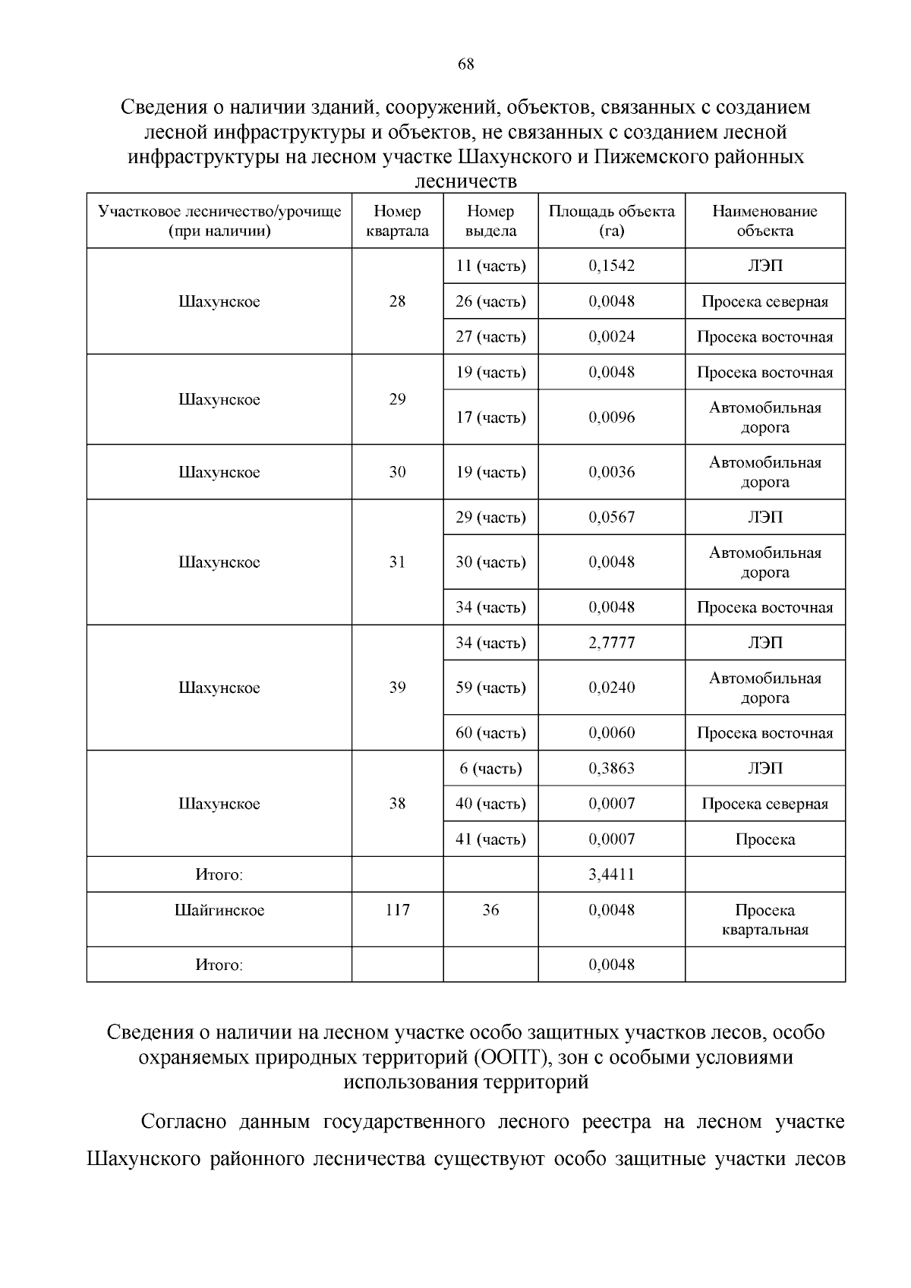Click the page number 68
point(466,65)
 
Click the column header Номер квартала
point(397,221)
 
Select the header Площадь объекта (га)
point(611,221)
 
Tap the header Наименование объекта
point(764,221)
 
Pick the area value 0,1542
point(611,266)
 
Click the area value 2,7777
point(611,643)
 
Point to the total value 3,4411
point(611,874)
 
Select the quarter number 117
point(397,910)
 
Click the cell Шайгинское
point(219,910)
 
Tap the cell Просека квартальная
point(764,920)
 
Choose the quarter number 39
point(397,688)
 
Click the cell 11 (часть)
point(490,266)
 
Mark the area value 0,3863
point(611,768)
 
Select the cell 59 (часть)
point(490,688)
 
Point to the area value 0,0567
point(611,518)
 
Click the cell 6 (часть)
point(490,768)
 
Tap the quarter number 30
point(397,472)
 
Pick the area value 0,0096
point(611,417)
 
